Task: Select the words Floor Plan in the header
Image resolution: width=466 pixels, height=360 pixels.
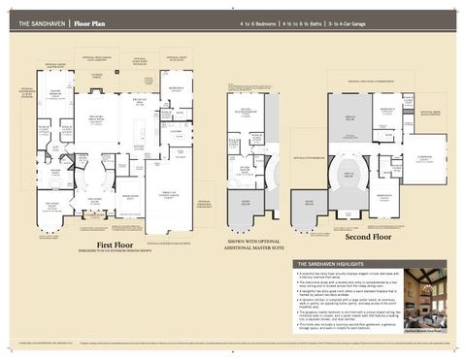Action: point(90,20)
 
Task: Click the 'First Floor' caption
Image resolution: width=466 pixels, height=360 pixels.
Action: point(115,245)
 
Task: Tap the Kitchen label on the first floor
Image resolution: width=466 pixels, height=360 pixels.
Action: point(138,146)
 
